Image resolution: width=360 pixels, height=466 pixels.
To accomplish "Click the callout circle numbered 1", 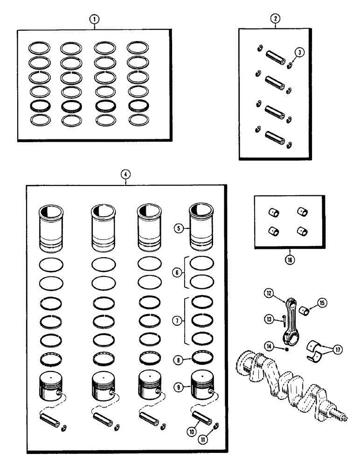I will tap(95, 19).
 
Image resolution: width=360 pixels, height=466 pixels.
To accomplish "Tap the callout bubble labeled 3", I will tap(301, 53).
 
